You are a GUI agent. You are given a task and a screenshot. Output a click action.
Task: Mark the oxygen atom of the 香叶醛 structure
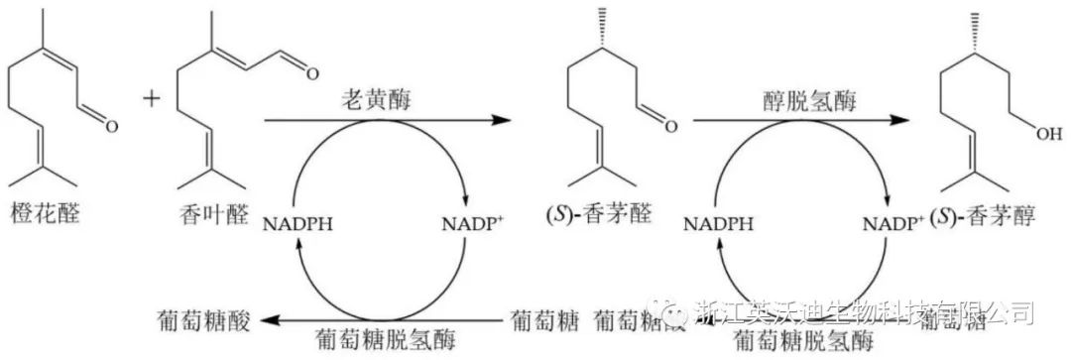[311, 72]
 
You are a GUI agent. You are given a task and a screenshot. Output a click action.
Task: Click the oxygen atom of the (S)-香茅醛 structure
[670, 126]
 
